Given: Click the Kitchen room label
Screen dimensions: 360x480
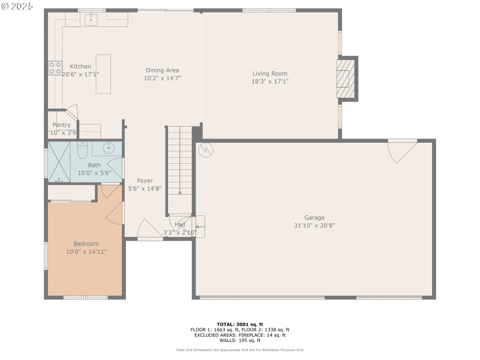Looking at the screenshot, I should pos(80,67).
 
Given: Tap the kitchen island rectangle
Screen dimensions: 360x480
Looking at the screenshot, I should pos(103,74).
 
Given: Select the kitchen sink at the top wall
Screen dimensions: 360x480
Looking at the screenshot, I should pos(91,21).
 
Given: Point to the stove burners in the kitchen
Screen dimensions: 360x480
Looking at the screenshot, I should pos(55,67).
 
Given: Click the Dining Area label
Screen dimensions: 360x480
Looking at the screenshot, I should pos(162,70).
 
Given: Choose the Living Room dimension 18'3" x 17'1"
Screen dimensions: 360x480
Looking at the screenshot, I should pos(270,81).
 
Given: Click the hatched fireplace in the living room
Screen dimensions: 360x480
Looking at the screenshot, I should pos(344,78).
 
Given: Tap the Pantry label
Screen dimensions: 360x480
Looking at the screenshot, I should pos(61,125).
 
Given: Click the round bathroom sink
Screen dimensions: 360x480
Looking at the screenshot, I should pos(110,148).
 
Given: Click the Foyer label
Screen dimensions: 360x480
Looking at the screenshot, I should pos(145,181).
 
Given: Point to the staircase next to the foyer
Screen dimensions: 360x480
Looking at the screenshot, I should pos(179,160).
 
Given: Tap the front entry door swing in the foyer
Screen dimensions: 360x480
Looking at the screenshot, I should pos(148,230).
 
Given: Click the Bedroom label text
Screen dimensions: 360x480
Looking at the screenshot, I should pos(86,244).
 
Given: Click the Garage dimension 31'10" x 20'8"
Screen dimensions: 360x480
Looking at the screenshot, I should pos(314,226).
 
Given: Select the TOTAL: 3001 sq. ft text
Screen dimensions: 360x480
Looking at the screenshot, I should pos(239,324).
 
